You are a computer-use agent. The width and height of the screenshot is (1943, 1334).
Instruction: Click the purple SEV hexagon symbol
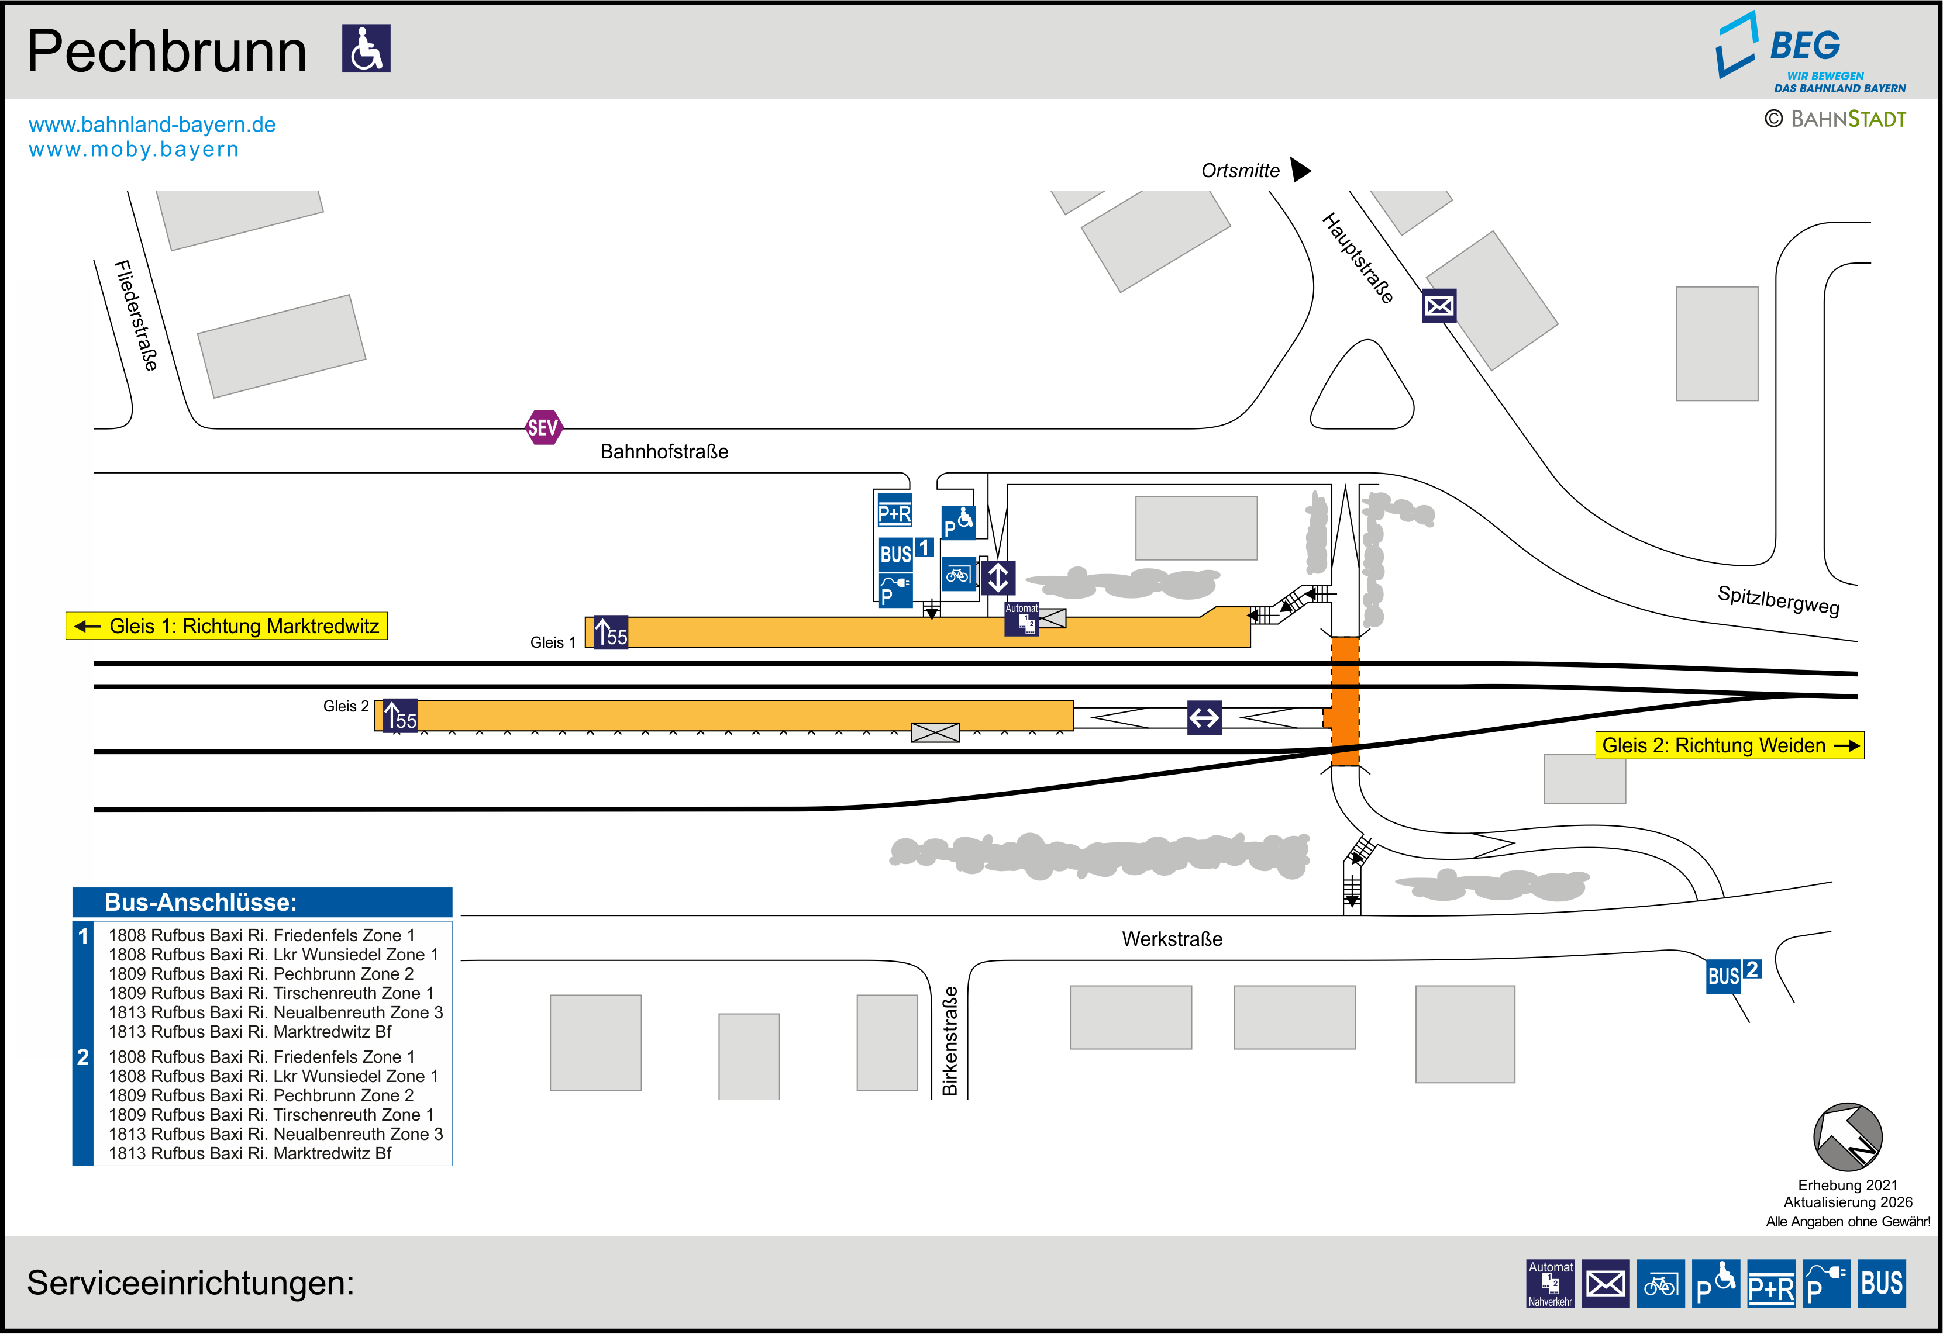[543, 428]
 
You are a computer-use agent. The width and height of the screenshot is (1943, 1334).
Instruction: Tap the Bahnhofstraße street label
[664, 451]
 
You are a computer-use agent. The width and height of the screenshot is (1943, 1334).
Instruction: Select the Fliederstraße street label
[136, 315]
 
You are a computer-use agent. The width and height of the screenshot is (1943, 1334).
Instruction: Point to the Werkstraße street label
[1172, 939]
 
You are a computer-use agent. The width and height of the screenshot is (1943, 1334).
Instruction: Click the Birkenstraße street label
[950, 1041]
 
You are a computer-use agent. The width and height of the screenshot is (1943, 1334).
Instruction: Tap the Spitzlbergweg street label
[1778, 600]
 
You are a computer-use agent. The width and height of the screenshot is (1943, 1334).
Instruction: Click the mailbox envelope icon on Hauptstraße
[1439, 306]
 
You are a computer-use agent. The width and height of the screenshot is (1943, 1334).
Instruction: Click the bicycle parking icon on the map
[958, 574]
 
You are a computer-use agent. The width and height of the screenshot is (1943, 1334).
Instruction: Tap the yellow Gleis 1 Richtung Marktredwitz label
[226, 626]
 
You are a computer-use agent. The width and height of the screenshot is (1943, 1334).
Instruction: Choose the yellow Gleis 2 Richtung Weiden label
[1729, 745]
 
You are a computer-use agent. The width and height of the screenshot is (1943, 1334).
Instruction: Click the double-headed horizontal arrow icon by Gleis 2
[1204, 717]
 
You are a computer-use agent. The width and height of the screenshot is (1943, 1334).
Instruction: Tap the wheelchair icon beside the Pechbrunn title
[366, 49]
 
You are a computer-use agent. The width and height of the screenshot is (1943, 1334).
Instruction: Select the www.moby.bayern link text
[134, 150]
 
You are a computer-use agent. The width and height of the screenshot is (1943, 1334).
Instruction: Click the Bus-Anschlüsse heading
[201, 903]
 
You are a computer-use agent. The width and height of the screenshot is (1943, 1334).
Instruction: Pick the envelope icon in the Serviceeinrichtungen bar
[1606, 1283]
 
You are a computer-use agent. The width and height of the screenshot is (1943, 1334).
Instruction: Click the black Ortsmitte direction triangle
[1300, 170]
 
